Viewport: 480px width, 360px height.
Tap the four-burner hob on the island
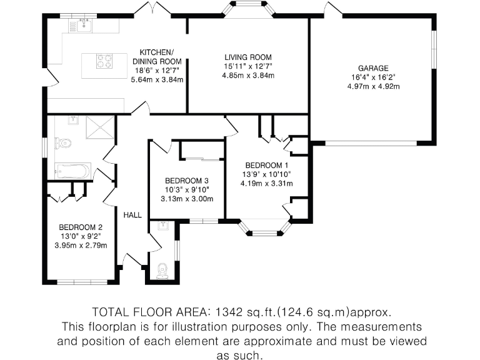(x=105, y=61)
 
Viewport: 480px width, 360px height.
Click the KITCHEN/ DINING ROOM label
(x=157, y=56)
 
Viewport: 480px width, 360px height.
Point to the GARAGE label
(x=373, y=69)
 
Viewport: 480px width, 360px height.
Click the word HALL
(x=132, y=215)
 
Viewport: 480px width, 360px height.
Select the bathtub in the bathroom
(x=72, y=170)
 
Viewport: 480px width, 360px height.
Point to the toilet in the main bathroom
(x=63, y=143)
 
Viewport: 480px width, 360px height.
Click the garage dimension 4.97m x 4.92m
(x=373, y=86)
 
